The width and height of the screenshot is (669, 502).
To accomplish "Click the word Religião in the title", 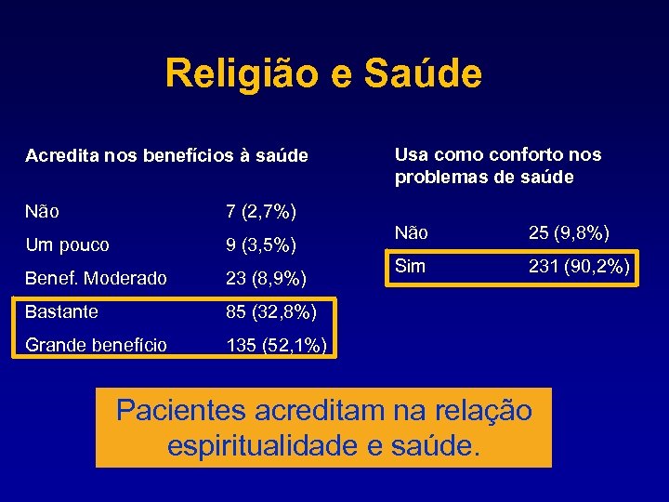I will (241, 74).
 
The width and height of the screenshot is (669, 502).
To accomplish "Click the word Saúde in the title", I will (424, 74).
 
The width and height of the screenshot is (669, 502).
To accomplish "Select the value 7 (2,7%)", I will (261, 212).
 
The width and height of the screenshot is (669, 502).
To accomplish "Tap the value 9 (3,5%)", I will (261, 245).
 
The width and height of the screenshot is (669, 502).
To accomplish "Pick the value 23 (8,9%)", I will (267, 278).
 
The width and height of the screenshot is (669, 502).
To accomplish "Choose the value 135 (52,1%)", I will (276, 346).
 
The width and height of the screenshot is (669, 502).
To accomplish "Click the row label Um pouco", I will (67, 245).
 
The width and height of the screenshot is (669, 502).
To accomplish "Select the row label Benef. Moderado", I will (97, 278).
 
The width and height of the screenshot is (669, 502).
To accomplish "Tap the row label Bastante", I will (61, 311).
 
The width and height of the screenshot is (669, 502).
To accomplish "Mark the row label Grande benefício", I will (97, 346).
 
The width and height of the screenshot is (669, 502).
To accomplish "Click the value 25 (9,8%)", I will (569, 232).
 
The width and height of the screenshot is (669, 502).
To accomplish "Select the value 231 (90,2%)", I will (580, 267).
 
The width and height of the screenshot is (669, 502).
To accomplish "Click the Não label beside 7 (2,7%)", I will (43, 212).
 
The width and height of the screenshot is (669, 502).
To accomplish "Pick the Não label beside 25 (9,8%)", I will (412, 232).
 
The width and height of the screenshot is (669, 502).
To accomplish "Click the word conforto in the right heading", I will (514, 154).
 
